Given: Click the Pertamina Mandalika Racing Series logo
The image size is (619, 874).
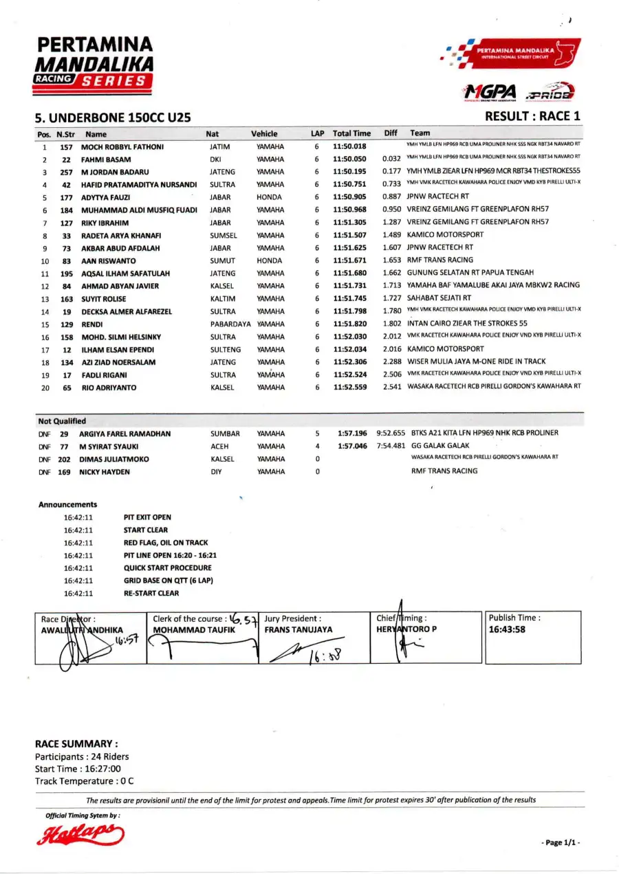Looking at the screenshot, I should coord(94,64).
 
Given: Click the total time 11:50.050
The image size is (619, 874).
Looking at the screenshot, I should coord(350,159).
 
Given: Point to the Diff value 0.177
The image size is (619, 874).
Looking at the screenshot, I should coord(392,172).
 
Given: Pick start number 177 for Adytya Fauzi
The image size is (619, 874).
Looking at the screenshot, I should coord(66,197).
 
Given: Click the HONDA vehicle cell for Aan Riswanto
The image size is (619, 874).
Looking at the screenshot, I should coord(269,261).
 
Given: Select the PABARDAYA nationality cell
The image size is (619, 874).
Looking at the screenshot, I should coord(230,324).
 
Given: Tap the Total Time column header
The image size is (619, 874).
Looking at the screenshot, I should coord(351,133).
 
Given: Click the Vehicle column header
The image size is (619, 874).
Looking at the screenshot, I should coord(264,134).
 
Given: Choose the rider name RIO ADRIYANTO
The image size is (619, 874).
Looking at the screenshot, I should coord(109,388).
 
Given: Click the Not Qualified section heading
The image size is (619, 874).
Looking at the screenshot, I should coord(62,421).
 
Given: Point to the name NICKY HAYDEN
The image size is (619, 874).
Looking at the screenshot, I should coord(104,472).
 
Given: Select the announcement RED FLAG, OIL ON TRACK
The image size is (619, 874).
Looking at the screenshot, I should coord(166,543).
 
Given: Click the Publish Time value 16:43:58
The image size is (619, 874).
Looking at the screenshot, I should coord(508,629).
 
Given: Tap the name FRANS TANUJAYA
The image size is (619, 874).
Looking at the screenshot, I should coord(298,629).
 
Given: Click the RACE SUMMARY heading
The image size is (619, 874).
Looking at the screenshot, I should coord(76,743).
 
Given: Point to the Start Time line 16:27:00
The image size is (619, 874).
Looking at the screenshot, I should coord(78,769).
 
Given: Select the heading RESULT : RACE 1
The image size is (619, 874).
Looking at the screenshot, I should coord(532,116).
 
